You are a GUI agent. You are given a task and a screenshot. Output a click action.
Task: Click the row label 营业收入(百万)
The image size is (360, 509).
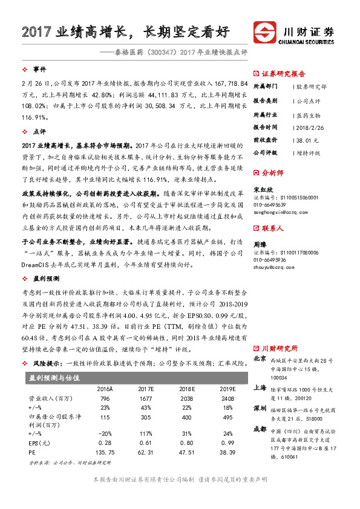coord(48,399)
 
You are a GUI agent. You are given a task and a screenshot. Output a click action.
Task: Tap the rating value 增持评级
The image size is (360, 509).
coord(309,153)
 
